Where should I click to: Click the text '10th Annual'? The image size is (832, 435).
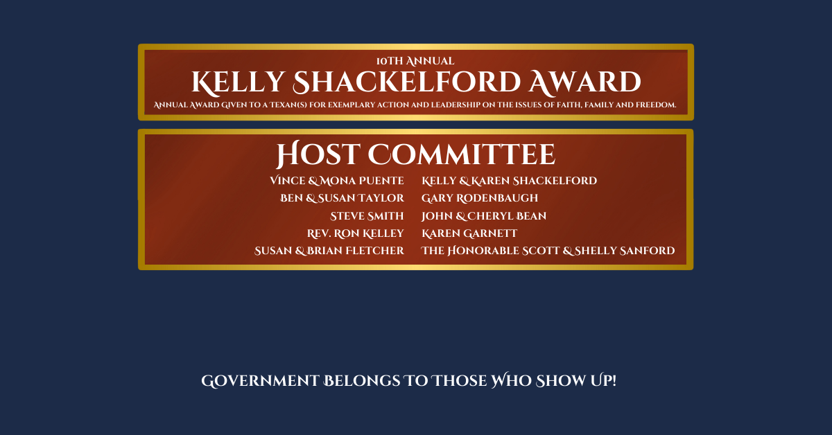point(415,61)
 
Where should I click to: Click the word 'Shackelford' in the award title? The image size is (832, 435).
point(407,82)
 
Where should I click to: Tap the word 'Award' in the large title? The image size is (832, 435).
point(585,82)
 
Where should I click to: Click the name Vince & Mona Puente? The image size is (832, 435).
point(337,181)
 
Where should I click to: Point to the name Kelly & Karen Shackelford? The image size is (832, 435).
point(509,181)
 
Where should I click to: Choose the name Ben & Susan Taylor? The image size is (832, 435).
point(342,198)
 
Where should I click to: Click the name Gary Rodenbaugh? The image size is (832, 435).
point(480,198)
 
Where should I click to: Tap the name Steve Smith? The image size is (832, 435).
point(367,216)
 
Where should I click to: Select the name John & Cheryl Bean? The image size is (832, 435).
point(484,216)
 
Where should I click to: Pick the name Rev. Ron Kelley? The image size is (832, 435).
point(356,233)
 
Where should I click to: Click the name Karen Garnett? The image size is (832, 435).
point(469,233)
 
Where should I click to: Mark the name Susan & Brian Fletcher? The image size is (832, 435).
point(329,251)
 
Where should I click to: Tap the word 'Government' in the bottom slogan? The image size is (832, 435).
point(260,381)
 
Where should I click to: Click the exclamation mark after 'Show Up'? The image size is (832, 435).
point(614,380)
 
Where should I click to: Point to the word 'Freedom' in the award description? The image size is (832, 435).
point(656,105)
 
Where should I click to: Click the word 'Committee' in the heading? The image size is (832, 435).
point(462,154)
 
